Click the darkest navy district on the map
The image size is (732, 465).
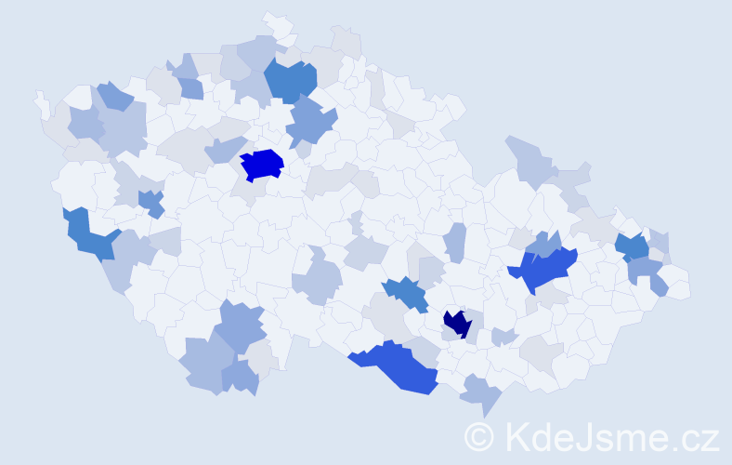point(457,323)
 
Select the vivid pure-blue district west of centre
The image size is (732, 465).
point(261,164)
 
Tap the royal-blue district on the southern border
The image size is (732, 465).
point(395,365)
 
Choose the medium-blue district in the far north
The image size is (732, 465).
point(291,80)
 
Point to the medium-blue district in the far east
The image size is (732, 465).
point(633,246)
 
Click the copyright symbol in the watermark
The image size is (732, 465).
point(479,436)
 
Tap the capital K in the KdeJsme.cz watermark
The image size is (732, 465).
point(517,436)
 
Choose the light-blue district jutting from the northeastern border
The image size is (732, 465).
point(529,158)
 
